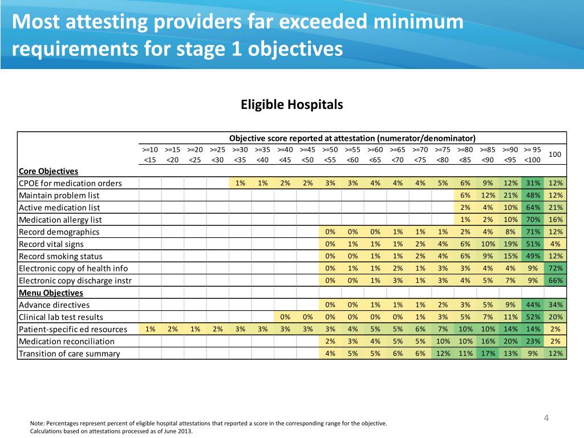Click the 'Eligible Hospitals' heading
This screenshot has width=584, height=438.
(x=291, y=105)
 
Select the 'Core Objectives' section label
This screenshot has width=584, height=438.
(x=48, y=171)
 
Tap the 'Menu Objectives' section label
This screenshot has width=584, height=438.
(x=51, y=293)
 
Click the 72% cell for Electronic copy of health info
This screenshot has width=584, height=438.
(x=555, y=268)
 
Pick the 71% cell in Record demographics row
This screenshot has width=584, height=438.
(x=533, y=232)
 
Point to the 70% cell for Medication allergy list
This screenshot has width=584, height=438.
(x=533, y=220)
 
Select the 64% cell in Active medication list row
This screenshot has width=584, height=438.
(x=533, y=208)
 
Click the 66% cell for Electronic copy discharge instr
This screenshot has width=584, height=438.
(x=555, y=281)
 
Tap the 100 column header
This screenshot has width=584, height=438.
(x=554, y=154)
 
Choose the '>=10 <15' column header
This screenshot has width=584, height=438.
(x=150, y=155)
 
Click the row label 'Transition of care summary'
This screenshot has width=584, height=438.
(x=69, y=354)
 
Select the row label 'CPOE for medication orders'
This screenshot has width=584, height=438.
(x=70, y=183)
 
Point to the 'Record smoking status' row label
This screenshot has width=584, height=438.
(x=60, y=256)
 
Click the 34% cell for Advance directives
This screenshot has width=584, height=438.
(x=555, y=305)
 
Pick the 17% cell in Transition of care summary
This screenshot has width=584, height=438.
(x=488, y=354)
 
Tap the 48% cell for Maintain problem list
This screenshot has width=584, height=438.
(x=533, y=195)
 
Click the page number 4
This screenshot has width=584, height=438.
(x=546, y=418)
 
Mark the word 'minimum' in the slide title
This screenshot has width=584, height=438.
(x=418, y=22)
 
